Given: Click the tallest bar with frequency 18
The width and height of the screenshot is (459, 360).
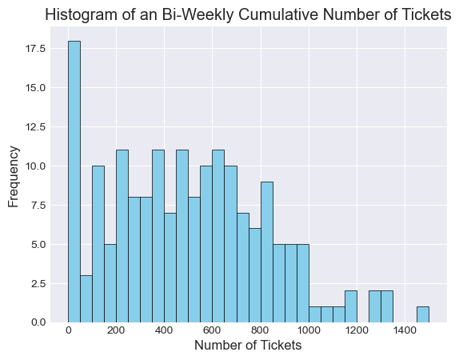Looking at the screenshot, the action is click(74, 182).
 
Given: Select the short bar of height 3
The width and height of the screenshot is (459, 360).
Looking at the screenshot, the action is click(86, 298).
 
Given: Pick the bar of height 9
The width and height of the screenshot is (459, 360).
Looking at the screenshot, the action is click(267, 252).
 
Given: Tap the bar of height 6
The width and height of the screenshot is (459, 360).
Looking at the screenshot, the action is click(255, 275).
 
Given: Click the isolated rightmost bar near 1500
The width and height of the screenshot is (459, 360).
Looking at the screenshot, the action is click(423, 314).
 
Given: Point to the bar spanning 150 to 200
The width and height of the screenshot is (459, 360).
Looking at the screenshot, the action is click(110, 283).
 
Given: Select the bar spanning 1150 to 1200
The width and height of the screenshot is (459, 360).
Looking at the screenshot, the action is click(351, 306).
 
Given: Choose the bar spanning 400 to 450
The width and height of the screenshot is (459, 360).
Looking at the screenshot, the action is click(170, 268).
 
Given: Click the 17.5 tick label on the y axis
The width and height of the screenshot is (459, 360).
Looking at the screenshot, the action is click(35, 49).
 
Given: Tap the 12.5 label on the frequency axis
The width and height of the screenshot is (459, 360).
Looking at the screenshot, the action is click(35, 127).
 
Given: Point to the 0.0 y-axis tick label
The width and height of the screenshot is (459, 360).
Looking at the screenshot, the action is click(38, 322).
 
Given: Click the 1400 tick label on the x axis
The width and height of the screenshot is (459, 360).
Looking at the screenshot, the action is click(405, 330).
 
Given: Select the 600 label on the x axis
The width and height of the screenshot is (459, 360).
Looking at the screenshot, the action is click(213, 330).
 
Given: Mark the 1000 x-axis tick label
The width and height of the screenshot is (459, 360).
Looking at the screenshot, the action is click(309, 330).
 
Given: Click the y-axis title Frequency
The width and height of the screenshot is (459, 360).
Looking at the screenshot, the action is click(14, 176).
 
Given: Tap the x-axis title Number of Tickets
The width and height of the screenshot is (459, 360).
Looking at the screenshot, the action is click(248, 346).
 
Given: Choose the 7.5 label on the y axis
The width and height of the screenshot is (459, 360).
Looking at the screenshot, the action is click(38, 205).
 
